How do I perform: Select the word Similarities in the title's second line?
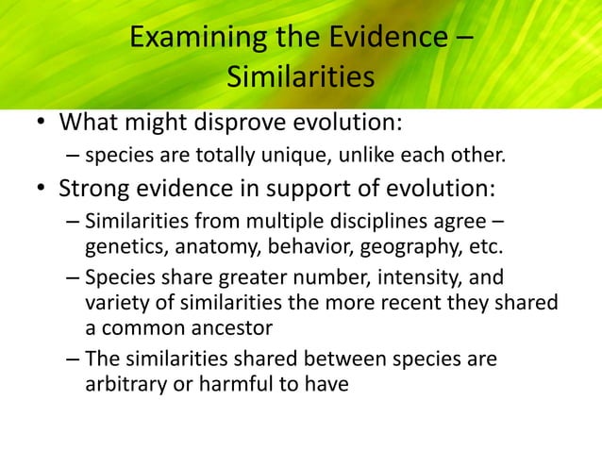(300, 78)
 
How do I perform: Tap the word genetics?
(120, 248)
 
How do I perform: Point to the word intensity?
(424, 279)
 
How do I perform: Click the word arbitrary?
(122, 383)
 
